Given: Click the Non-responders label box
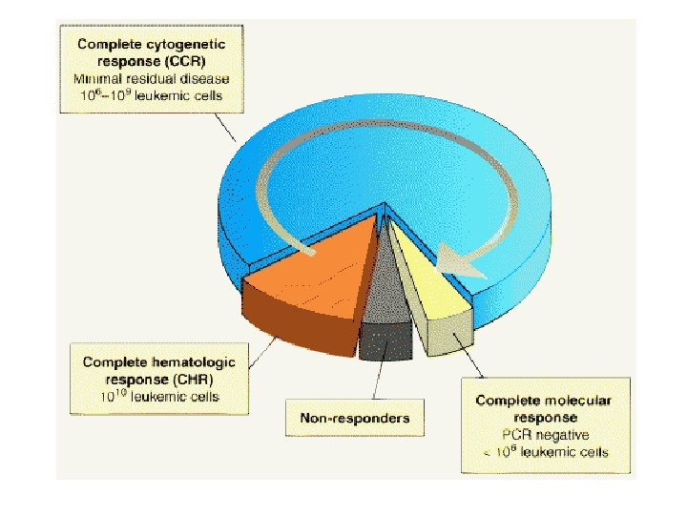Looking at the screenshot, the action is [354, 418].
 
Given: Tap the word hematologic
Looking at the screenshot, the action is [198, 362].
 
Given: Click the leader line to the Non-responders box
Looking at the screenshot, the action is [377, 381].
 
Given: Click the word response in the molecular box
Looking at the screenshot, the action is [542, 418].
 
